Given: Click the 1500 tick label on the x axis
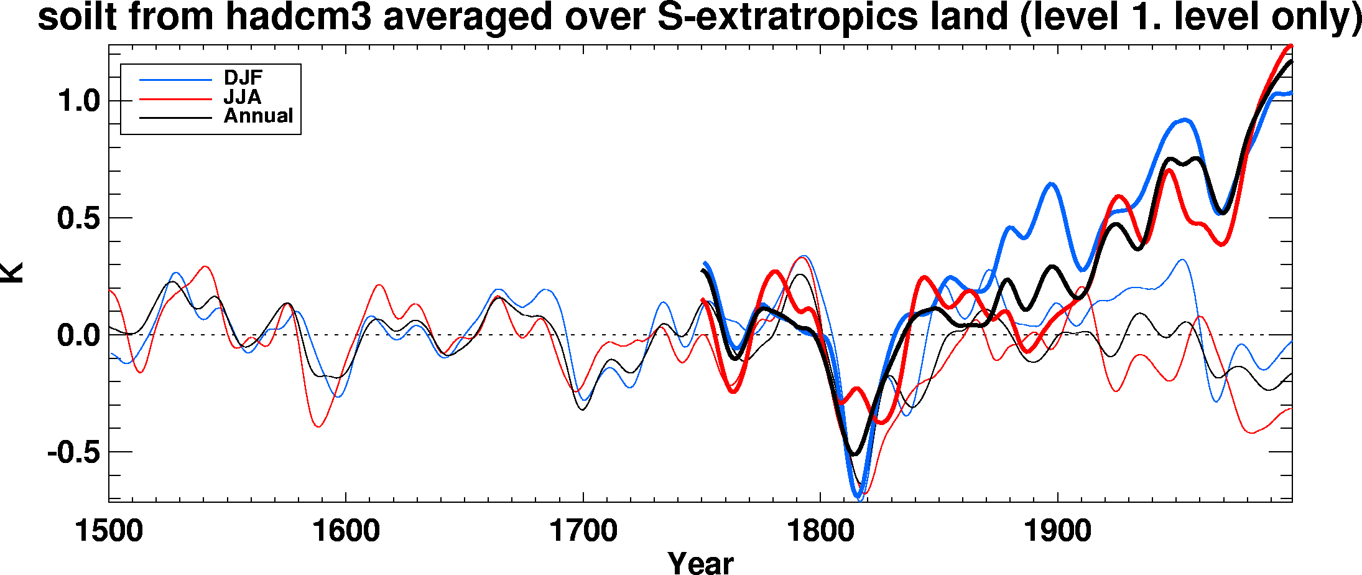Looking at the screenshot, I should (109, 531).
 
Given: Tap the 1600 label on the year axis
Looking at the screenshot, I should (346, 531).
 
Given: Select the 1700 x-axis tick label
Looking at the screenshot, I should (583, 531).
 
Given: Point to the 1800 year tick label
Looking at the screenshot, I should (820, 531).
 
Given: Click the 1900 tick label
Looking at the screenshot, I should (1057, 531).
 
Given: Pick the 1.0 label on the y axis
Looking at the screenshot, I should (79, 101).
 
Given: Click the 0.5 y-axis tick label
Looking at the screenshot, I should (79, 218).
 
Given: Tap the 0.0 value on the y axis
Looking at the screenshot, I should (79, 335).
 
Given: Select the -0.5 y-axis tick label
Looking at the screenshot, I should (73, 452).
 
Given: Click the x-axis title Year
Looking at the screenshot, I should (700, 563).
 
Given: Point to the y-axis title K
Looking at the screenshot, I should (12, 273).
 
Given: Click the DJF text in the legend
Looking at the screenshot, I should (243, 78).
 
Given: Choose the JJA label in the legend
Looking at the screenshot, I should (243, 97).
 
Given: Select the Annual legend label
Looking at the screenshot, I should (258, 116).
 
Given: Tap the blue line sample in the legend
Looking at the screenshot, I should (175, 80).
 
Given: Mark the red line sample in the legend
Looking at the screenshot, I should (175, 98).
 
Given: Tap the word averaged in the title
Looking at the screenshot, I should (467, 17).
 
